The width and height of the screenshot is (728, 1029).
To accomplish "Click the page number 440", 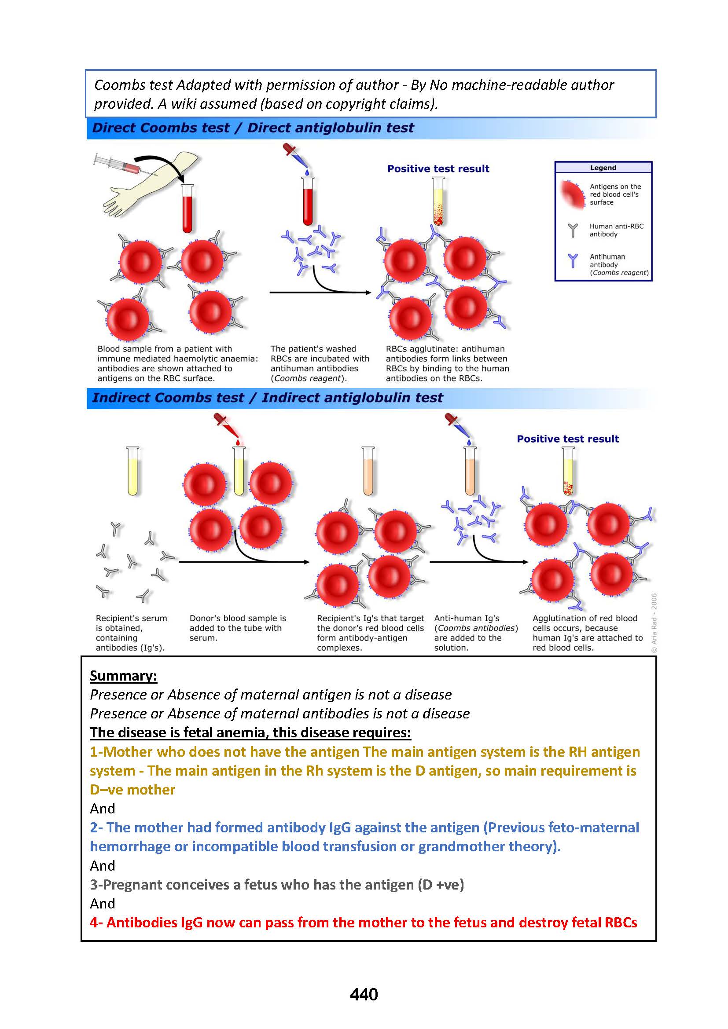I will point(364,994).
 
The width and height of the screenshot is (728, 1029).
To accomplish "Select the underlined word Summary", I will point(123,675).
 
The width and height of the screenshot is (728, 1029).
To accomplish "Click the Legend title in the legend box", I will point(603,168).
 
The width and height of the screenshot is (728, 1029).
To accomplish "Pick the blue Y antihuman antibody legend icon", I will point(573,260).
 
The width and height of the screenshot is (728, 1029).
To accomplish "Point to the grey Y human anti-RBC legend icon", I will point(573,230).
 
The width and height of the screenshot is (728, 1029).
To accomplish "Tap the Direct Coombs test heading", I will point(253,128).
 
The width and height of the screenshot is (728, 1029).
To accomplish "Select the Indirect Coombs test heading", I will point(267,398).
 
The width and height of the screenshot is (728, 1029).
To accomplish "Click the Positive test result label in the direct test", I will point(438,168).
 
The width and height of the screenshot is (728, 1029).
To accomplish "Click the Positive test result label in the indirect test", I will point(567,439).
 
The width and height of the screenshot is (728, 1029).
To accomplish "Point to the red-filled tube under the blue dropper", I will point(308,201).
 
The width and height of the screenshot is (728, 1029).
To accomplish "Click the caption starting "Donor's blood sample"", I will point(238,627).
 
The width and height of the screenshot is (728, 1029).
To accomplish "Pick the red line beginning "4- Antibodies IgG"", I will point(363,923).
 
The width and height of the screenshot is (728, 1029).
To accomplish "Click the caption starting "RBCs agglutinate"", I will point(447,363).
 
